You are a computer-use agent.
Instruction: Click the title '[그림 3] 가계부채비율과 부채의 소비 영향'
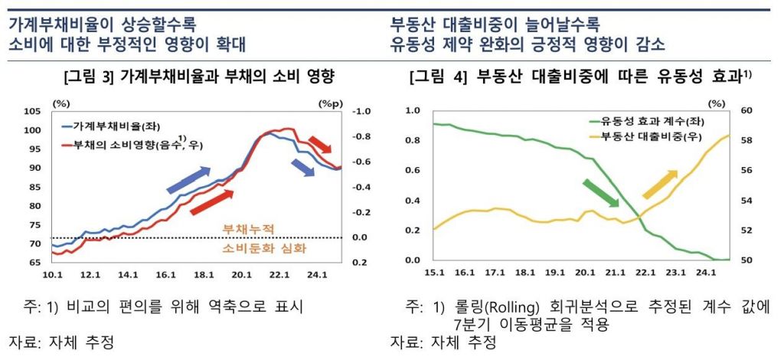[201, 77]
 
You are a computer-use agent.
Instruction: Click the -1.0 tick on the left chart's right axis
[361, 112]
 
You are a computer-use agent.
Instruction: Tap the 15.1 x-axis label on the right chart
[434, 272]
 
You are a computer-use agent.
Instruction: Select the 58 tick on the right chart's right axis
[746, 141]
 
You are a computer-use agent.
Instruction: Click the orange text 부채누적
[247, 228]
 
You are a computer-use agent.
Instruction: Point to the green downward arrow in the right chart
[601, 192]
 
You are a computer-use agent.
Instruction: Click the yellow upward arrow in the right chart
[659, 185]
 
